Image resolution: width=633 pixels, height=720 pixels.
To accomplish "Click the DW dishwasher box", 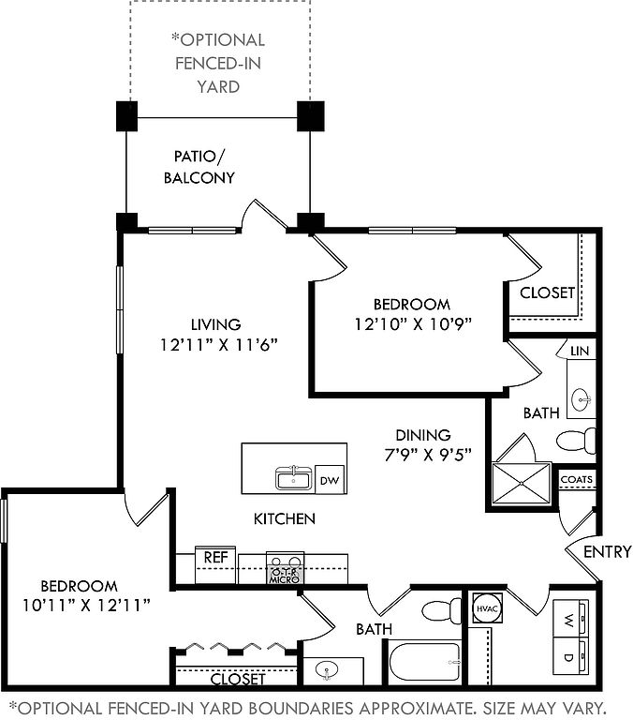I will point(329,479).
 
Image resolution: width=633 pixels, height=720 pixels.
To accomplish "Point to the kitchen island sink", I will point(294,478).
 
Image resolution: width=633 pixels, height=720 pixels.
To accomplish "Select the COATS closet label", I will point(576,479).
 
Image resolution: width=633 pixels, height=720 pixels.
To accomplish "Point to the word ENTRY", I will point(607,551).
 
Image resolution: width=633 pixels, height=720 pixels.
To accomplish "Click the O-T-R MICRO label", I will point(284,575).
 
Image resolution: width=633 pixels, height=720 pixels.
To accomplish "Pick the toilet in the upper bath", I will point(575,439).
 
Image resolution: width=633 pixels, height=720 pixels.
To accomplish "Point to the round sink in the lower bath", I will point(326,670).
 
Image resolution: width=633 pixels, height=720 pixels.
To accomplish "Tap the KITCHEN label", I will point(285,518).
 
